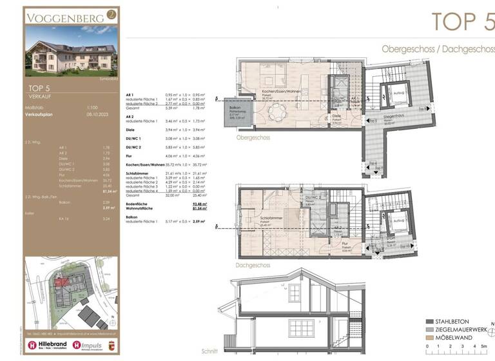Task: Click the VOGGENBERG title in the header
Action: (x=64, y=17)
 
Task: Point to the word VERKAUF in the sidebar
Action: (x=41, y=95)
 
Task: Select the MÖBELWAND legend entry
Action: (x=457, y=337)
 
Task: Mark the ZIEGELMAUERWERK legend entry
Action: (x=463, y=329)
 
